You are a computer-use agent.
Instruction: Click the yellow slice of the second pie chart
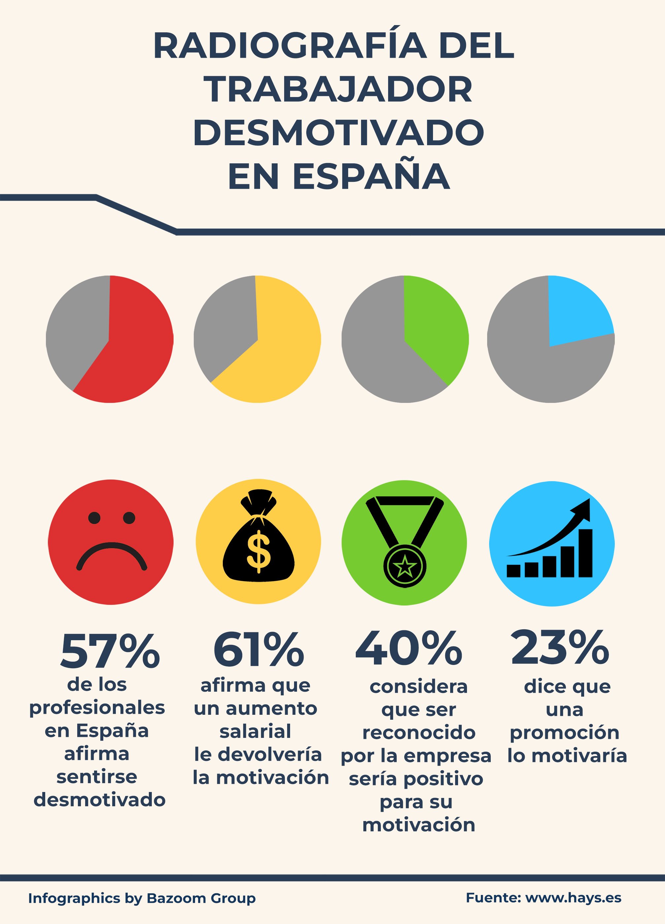(x=281, y=350)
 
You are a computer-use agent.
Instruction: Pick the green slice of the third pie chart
(x=434, y=334)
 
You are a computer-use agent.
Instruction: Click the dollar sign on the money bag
(x=259, y=551)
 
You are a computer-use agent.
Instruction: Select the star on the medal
(x=405, y=566)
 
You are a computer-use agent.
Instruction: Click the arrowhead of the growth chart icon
(x=583, y=508)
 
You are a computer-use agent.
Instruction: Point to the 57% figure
(x=110, y=651)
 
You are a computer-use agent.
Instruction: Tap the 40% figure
(x=409, y=648)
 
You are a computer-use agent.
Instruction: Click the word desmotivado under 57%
(x=99, y=800)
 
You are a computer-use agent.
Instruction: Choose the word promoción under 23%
(x=565, y=733)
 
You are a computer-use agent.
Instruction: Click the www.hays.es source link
(x=573, y=898)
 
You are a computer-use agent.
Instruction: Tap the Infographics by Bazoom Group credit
(x=142, y=898)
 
